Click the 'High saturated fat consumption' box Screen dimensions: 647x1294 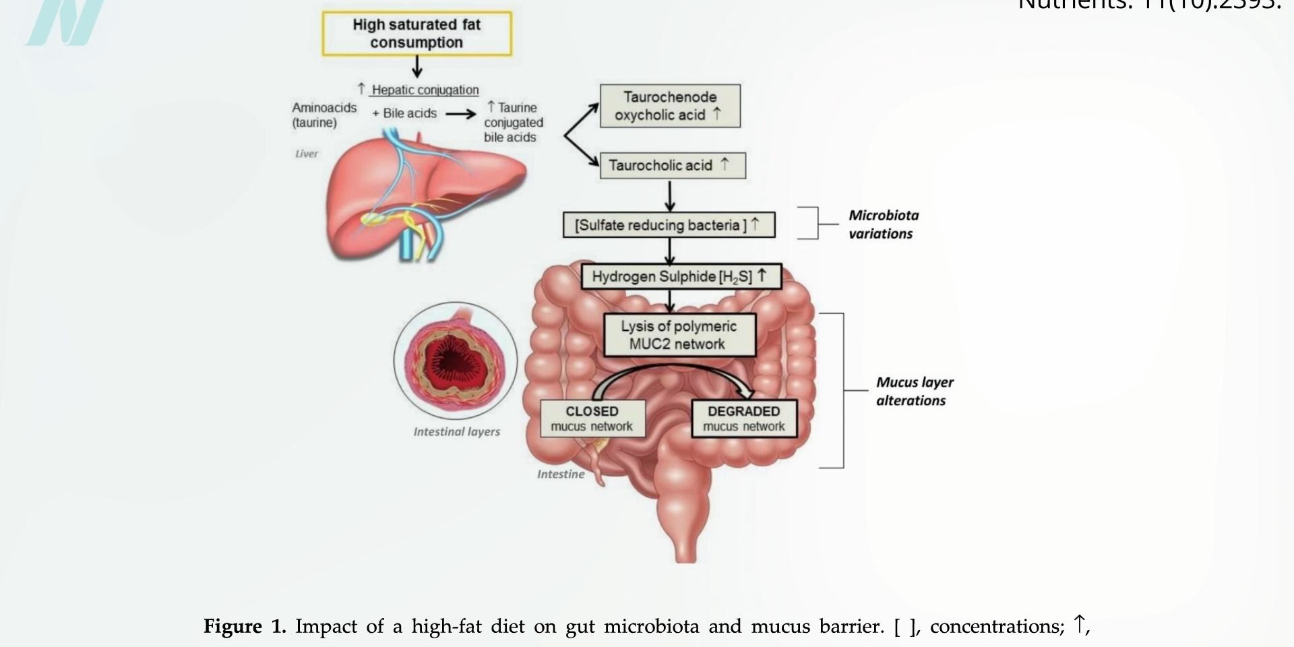tap(417, 34)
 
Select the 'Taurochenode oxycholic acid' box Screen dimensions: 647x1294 tap(670, 106)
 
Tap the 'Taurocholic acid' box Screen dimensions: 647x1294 tap(672, 166)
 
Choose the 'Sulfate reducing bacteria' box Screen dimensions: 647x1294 tap(669, 225)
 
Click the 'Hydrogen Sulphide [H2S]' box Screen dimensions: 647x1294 tap(681, 276)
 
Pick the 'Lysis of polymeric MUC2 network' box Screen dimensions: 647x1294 tap(679, 335)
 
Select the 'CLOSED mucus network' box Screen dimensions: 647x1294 tap(592, 419)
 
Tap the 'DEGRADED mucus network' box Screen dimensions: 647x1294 tap(744, 419)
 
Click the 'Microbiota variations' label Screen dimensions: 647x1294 tap(883, 224)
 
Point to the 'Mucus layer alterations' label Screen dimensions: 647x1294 tap(914, 391)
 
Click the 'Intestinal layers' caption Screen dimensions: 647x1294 tap(456, 432)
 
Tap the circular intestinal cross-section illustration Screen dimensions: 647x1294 tap(456, 361)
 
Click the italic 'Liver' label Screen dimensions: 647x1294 tap(306, 154)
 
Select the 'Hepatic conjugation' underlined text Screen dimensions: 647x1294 tap(425, 90)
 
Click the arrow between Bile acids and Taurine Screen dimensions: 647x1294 tap(461, 114)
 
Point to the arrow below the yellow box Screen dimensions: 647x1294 tap(417, 67)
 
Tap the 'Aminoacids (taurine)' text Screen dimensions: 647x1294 tap(323, 115)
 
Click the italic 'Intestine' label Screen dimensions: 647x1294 tap(560, 474)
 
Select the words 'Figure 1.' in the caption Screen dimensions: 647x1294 tap(245, 627)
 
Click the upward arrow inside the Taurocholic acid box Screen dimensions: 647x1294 tap(725, 164)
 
